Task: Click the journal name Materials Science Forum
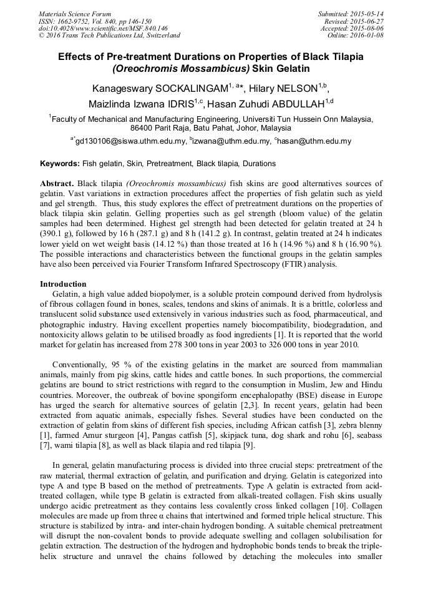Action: [75, 14]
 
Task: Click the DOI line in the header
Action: [103, 28]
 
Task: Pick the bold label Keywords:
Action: [60, 164]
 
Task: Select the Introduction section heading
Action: [63, 284]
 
